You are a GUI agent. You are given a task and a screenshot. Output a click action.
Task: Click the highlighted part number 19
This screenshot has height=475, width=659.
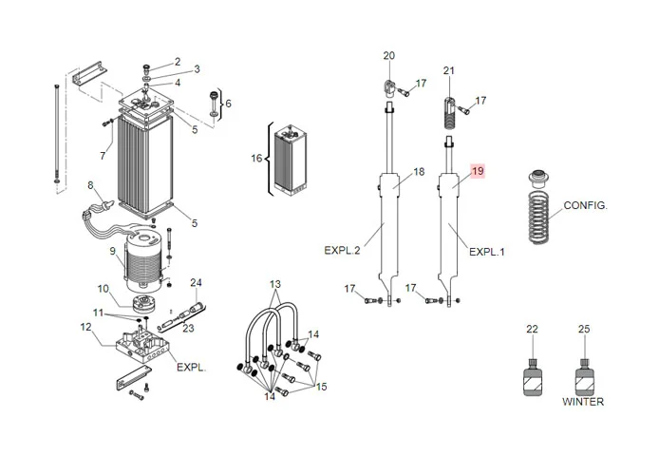[478, 171]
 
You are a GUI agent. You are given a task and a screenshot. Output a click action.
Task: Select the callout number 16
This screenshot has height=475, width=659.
[255, 159]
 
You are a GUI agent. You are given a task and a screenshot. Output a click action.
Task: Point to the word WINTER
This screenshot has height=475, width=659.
[582, 402]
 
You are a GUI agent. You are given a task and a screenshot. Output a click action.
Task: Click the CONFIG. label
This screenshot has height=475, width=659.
[585, 205]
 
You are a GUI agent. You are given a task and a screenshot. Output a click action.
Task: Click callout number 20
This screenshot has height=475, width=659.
[387, 56]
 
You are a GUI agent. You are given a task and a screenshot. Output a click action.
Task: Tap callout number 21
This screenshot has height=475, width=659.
[449, 71]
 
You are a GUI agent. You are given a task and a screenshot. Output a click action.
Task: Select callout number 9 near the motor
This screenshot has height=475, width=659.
[112, 252]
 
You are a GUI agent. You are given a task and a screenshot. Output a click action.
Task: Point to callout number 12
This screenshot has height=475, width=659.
[85, 328]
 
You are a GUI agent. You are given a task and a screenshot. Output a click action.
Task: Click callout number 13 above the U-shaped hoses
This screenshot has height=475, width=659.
[274, 285]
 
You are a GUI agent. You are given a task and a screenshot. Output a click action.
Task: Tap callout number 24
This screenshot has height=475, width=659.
[197, 282]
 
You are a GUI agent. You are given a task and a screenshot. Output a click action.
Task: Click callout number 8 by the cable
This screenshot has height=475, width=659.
[90, 185]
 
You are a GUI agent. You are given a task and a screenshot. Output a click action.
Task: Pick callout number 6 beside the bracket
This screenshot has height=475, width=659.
[228, 103]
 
